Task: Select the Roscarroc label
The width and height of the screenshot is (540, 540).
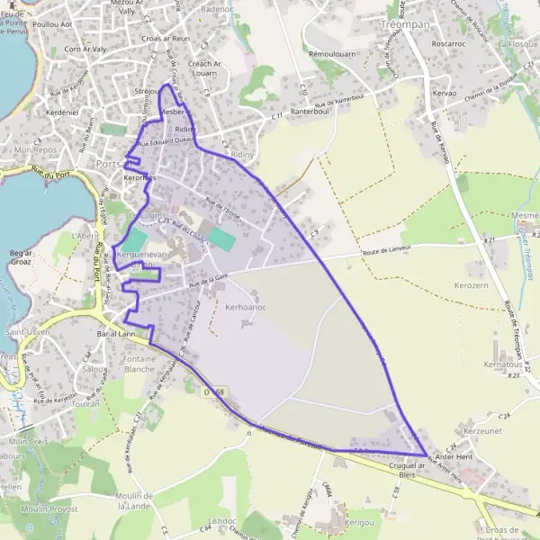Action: click(472, 43)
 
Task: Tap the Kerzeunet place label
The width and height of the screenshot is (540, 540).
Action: click(481, 431)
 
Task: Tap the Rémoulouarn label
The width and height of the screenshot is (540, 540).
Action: click(330, 54)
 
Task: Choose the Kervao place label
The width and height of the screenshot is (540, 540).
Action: click(445, 94)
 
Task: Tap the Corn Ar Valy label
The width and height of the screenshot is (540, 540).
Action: click(86, 49)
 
